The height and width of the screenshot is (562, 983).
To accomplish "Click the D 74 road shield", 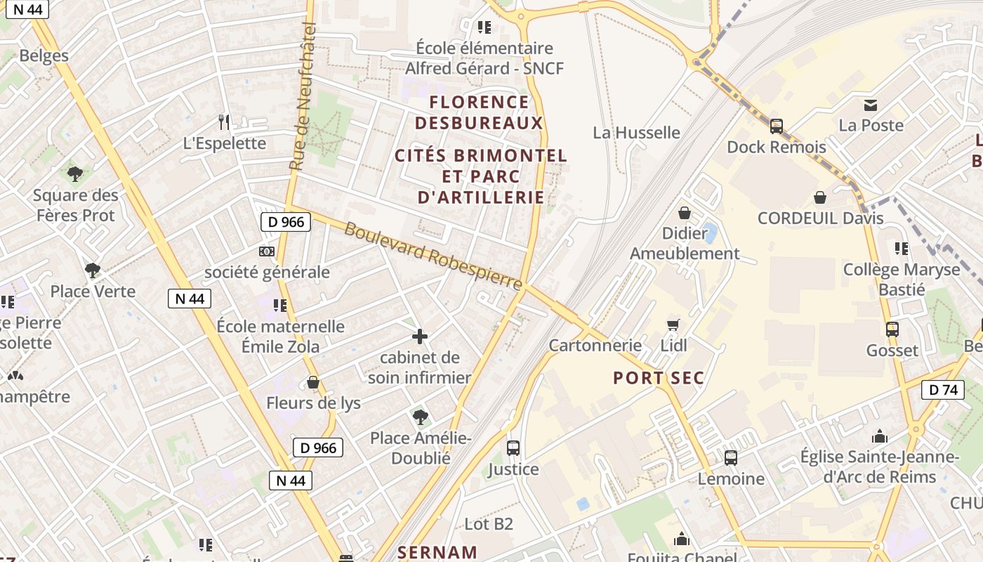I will tap(943, 390).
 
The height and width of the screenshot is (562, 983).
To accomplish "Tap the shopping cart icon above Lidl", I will tap(673, 325).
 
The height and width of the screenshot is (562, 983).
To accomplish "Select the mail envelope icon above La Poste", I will tap(871, 105).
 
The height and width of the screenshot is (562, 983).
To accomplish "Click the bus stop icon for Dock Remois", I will tap(776, 126).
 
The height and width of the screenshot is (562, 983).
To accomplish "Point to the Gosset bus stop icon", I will tap(892, 329).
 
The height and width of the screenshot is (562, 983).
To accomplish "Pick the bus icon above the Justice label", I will tap(513, 447).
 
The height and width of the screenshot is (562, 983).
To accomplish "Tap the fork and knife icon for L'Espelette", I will tap(224, 122).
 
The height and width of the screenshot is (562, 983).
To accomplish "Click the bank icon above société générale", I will tap(266, 251).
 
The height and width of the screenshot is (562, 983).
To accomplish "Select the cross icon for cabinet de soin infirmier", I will tap(420, 336).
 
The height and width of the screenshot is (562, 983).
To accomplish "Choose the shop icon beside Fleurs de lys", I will tap(313, 382).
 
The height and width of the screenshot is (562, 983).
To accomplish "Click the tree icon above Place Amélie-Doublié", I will tap(420, 417).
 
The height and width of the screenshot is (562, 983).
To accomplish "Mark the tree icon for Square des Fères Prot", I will tap(75, 174).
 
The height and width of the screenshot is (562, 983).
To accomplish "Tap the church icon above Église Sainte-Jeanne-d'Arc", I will tap(879, 436).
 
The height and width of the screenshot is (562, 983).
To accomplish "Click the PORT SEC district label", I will tap(659, 378).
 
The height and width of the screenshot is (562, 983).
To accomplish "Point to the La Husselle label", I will tap(636, 133).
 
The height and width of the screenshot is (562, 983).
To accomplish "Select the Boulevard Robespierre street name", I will tap(433, 255).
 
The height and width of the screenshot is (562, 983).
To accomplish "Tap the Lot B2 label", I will tap(489, 523).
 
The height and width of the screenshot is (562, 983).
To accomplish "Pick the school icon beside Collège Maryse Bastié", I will tap(902, 248).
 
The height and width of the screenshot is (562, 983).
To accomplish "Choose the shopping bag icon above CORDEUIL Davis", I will tap(819, 197).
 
